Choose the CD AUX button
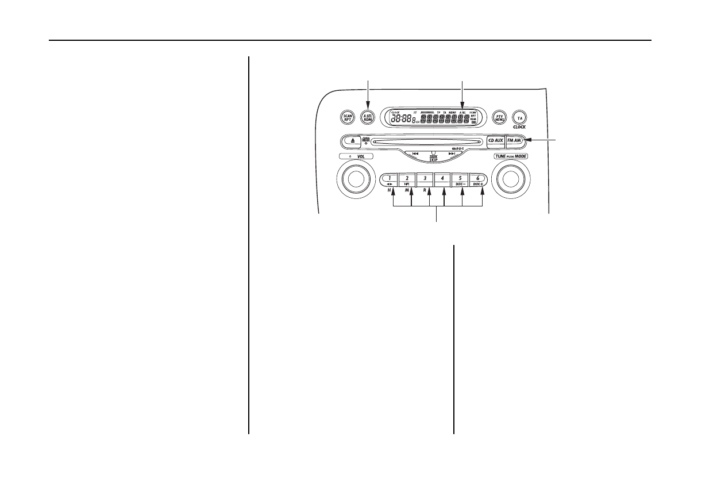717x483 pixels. tap(495, 140)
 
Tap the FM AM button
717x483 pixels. tap(514, 140)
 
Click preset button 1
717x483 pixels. tap(388, 179)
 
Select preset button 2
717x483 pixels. tap(406, 179)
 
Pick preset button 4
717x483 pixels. tap(442, 179)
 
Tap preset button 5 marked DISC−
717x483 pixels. tap(460, 179)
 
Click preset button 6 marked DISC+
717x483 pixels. tap(479, 179)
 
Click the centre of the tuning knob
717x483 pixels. tap(509, 180)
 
